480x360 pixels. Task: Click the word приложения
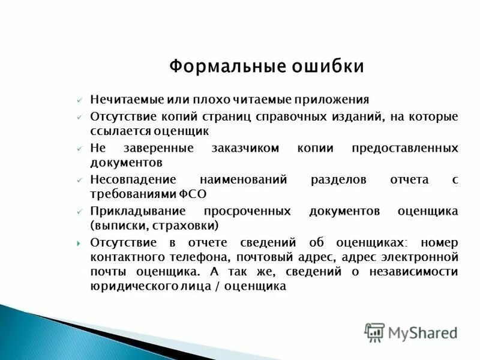[x=336, y=99]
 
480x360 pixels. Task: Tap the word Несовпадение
[x=133, y=180]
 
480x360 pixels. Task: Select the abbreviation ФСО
[x=193, y=194]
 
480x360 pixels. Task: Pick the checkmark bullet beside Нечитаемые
[x=79, y=100]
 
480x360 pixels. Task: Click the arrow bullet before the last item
[x=79, y=243]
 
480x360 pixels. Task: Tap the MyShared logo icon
[x=374, y=332]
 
